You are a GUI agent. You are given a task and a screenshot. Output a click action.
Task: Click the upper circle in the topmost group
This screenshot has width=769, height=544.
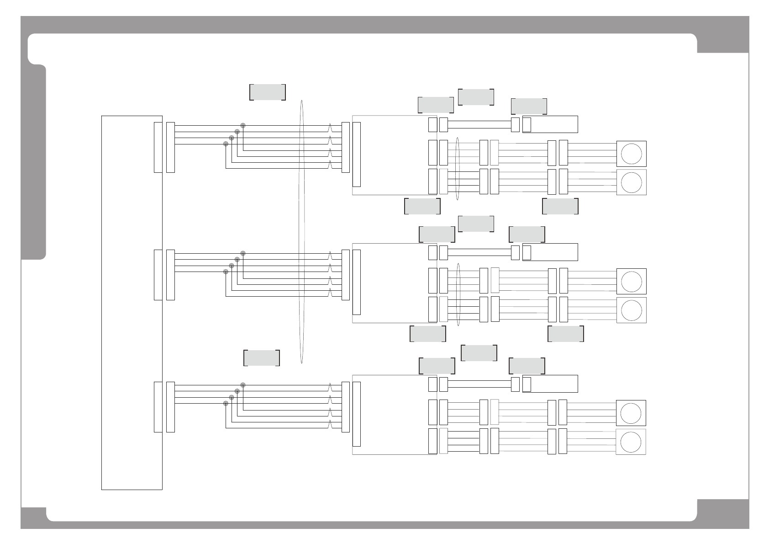[632, 154]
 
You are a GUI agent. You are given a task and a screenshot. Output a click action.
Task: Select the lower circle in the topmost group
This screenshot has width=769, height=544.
[632, 182]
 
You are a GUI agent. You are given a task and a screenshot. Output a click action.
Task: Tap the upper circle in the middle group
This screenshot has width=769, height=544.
[632, 281]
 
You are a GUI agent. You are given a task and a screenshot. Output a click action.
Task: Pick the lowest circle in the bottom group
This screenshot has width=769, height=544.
[632, 442]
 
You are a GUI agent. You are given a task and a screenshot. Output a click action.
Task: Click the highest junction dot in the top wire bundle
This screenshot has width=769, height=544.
[243, 125]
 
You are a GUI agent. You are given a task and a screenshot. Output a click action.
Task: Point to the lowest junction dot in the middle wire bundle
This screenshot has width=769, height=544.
[226, 272]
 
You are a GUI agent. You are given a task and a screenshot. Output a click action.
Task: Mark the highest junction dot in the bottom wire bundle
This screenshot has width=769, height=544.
[243, 385]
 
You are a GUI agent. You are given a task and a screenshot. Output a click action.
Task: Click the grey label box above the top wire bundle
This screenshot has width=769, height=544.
[268, 92]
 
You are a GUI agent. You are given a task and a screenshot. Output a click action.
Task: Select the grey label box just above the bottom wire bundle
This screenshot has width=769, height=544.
[262, 358]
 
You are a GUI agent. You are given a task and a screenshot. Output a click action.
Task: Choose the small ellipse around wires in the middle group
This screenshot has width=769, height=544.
[458, 294]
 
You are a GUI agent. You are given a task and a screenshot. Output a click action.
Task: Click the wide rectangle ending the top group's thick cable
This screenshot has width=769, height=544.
[550, 124]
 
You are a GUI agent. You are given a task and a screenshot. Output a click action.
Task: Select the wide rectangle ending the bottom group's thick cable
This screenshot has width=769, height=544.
[550, 384]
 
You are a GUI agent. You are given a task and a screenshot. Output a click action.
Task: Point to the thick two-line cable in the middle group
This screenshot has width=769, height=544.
[479, 252]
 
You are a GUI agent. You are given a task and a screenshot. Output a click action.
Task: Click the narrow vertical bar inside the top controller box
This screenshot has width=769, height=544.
[357, 154]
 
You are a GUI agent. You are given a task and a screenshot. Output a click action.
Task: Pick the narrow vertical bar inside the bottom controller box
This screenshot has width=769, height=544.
[357, 414]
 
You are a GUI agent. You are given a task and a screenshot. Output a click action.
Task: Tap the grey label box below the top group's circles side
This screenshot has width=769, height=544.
[560, 206]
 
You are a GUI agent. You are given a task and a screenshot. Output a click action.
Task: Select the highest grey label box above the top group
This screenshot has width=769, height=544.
[476, 97]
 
